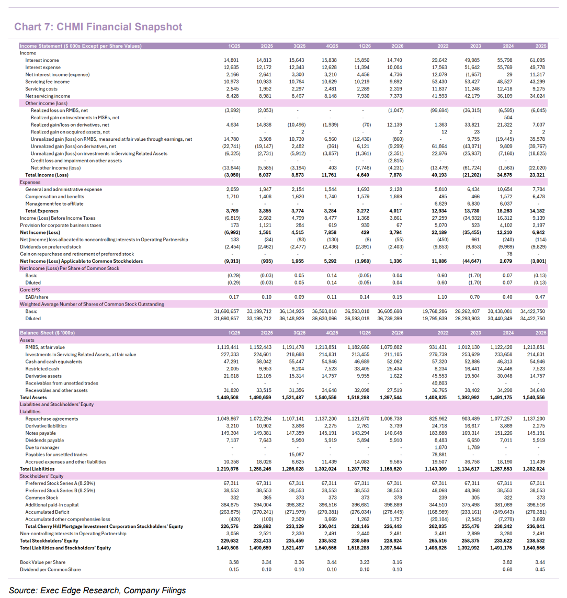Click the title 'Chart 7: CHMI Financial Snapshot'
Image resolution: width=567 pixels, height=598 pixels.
[98, 27]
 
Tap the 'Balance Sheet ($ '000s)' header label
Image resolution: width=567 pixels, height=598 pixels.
[47, 333]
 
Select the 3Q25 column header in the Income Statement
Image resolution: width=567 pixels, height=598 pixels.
[299, 46]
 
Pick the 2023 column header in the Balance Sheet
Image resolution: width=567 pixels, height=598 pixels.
[475, 333]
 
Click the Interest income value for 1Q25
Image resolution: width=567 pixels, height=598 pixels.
[232, 60]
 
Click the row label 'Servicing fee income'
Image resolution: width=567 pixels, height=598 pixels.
[47, 82]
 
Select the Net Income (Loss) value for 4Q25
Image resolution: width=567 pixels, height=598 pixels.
[330, 233]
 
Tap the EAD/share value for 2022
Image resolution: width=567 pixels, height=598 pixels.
[442, 297]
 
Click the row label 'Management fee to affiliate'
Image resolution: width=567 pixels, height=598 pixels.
[54, 204]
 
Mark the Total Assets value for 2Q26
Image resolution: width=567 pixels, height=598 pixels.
[391, 398]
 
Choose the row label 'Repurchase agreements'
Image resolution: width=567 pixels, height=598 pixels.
[51, 419]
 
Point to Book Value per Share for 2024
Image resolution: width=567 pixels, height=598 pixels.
[507, 562]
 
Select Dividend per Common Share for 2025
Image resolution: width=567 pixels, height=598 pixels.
[540, 569]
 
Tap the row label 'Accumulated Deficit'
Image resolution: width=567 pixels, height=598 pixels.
[47, 512]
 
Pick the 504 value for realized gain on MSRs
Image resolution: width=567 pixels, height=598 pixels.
[508, 118]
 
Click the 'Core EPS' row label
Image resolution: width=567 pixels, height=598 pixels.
[30, 290]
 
